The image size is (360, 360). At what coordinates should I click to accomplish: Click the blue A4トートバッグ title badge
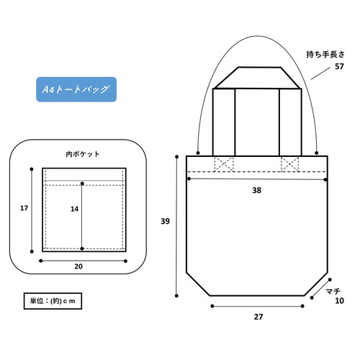[76, 89]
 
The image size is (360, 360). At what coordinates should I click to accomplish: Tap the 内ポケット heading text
[83, 154]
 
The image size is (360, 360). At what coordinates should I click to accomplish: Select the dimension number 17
[24, 208]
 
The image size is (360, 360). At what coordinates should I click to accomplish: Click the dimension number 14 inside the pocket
[74, 209]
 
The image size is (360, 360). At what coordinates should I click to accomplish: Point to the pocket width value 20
[78, 266]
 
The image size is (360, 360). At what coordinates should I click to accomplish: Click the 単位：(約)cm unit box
[53, 301]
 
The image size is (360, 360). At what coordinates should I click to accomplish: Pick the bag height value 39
[165, 221]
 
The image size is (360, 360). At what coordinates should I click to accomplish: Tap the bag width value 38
[256, 190]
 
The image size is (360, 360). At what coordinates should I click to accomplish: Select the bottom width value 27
[258, 317]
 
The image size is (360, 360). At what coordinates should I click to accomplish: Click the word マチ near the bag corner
[333, 291]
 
